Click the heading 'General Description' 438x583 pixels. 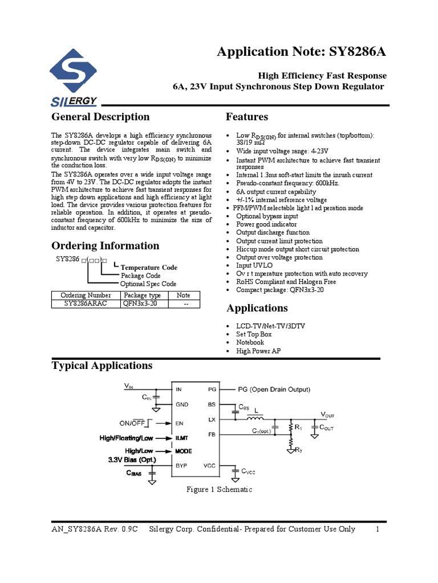coord(100,117)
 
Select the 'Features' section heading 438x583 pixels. coord(247,117)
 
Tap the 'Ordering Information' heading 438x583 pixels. coord(106,246)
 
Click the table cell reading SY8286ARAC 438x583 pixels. coord(86,303)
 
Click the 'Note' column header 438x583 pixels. coord(183,295)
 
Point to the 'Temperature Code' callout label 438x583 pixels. coord(149,268)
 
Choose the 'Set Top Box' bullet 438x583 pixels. coord(254,334)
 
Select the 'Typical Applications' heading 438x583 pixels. coord(102,366)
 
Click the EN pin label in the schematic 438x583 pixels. coord(179,424)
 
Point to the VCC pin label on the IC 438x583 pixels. coord(209,465)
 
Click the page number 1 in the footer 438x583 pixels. coord(378,529)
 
